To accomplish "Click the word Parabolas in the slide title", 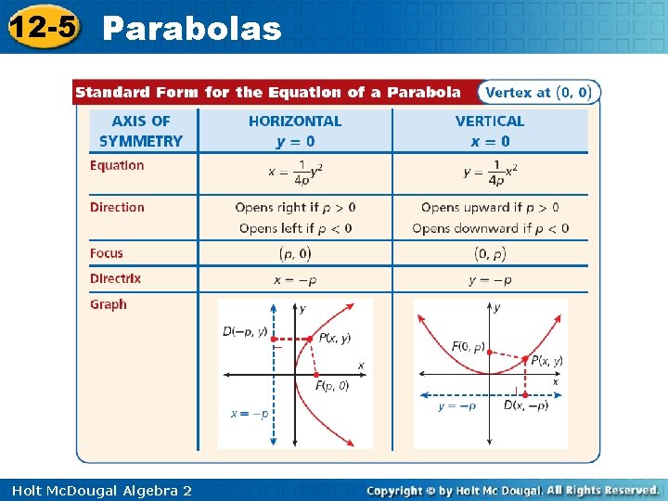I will tap(192, 29).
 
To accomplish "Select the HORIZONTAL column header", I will tap(295, 122).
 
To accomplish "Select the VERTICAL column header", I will tap(490, 122).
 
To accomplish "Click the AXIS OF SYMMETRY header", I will tap(141, 131).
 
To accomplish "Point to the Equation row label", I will tap(117, 166).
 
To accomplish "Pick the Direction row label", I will tap(117, 208).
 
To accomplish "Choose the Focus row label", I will tap(107, 253).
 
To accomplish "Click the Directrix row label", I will tap(115, 278).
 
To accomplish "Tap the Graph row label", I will tap(109, 304).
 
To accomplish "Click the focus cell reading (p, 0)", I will tap(295, 253).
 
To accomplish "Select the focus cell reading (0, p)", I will tap(490, 253).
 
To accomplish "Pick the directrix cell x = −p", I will tap(295, 279).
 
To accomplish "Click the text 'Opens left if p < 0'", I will tap(295, 228).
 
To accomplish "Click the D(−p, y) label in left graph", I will tap(246, 331).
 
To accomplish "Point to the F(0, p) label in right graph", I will tap(469, 347).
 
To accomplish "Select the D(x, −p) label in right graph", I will tap(526, 405).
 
